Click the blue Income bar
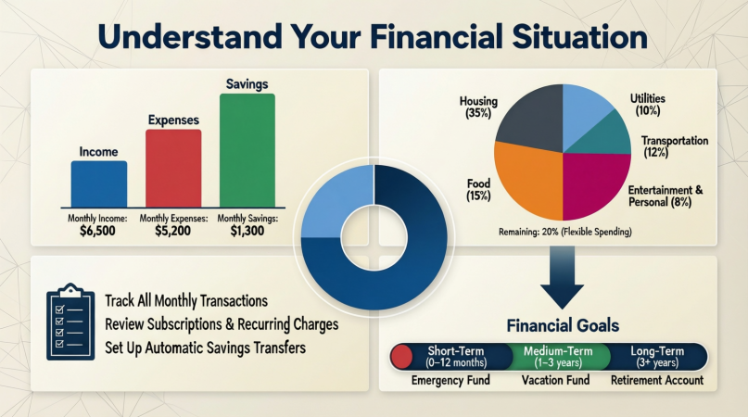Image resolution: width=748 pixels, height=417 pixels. (99, 184)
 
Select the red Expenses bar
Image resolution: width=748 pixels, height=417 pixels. (173, 169)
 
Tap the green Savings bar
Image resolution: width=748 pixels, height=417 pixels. (247, 151)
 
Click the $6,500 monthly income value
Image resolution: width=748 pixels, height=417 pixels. (98, 232)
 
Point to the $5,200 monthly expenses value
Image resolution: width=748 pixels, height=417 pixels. (172, 232)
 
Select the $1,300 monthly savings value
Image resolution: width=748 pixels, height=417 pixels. (247, 232)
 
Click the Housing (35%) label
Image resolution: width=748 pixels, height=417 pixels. (478, 107)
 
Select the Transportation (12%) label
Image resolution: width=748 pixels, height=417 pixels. (675, 146)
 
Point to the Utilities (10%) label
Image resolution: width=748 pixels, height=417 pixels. (647, 105)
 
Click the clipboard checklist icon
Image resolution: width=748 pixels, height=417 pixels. (70, 322)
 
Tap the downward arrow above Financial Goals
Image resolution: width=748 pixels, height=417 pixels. (562, 278)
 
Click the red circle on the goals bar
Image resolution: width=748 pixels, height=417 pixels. (401, 358)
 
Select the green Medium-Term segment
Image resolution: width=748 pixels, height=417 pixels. (558, 357)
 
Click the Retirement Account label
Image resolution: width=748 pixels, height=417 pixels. (657, 380)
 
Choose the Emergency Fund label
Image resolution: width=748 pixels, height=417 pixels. (450, 380)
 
